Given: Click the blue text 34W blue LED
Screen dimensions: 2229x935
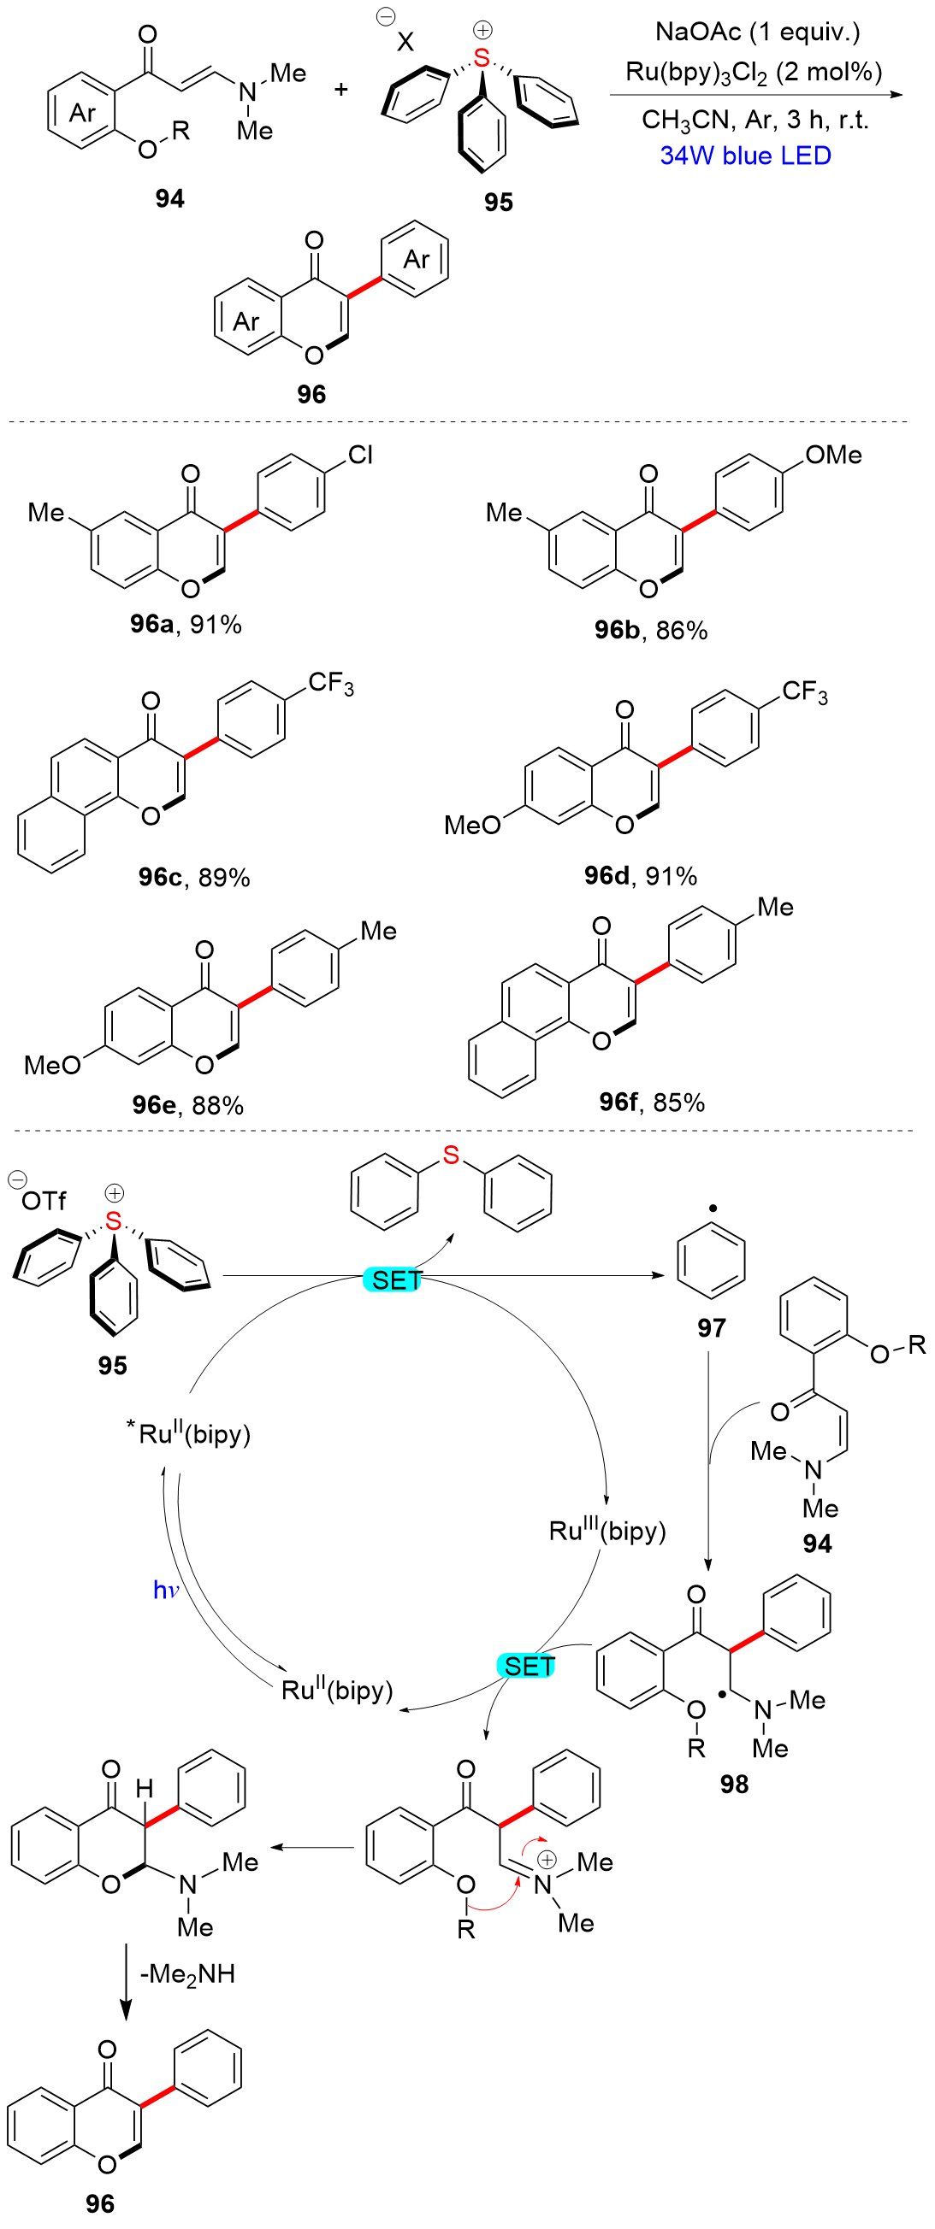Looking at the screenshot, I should tap(744, 156).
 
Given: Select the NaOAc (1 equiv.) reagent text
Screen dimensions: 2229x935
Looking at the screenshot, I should tap(757, 32).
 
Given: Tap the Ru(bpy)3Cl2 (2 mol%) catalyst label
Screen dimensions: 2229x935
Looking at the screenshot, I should tap(753, 72).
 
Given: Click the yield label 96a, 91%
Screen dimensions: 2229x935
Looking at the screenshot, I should tap(186, 624).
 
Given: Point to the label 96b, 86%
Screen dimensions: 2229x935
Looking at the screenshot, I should tap(650, 630).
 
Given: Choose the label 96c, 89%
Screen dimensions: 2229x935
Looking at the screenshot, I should tap(194, 878).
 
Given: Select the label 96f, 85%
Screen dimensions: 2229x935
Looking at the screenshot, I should tap(651, 1102).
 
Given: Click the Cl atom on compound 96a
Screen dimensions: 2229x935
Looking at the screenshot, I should tap(360, 456).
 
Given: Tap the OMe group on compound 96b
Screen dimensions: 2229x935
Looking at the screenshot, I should tap(833, 456).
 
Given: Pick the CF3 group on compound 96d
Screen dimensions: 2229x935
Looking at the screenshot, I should tap(804, 692).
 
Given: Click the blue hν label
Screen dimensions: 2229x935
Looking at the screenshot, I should tap(165, 1590).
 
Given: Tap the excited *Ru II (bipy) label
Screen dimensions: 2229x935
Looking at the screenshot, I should tap(189, 1433).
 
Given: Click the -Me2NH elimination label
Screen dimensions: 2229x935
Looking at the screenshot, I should tap(187, 1973).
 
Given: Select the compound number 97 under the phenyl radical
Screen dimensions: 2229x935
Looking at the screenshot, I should tap(711, 1327).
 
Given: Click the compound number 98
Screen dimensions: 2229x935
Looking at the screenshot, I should tap(733, 1784).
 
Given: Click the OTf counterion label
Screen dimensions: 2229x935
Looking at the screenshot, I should tap(44, 1201).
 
